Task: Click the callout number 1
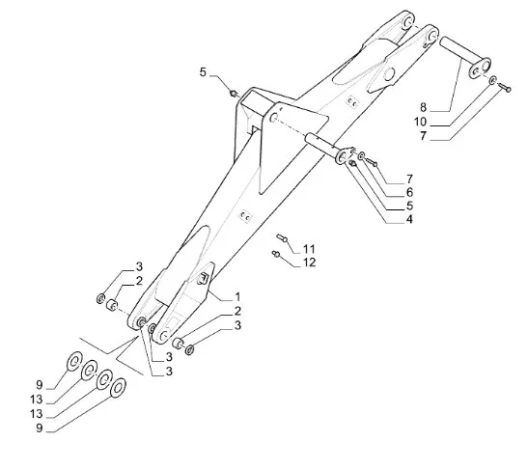coord(237,297)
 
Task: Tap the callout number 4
coord(409,219)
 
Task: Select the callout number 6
coord(409,192)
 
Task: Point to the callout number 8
coord(424,107)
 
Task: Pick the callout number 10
coord(420,122)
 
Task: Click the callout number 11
coord(309,249)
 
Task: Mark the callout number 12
coord(310,263)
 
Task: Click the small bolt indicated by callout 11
coord(282,237)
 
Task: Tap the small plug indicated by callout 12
coord(276,254)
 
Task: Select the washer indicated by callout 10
coord(492,80)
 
